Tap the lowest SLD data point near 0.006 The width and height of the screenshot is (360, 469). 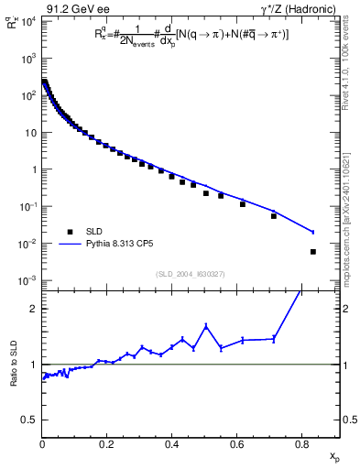(x=313, y=252)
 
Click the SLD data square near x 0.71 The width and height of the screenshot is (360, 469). (x=274, y=216)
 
